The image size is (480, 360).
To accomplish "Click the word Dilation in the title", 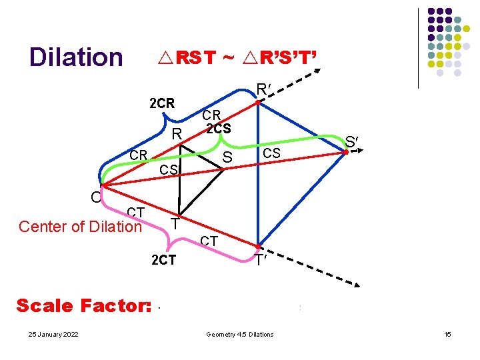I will (76, 57).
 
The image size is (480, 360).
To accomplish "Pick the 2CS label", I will (219, 128).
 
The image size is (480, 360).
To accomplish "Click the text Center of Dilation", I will (80, 227).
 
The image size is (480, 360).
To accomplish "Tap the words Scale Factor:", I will (84, 306).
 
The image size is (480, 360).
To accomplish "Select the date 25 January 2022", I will (47, 334).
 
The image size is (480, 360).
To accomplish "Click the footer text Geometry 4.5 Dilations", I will (240, 334).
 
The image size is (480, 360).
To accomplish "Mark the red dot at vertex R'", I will (259, 101).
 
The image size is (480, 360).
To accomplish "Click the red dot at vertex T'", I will (259, 247).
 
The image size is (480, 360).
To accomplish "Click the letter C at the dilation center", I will (96, 197).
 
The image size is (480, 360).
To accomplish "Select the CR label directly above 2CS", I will (217, 116).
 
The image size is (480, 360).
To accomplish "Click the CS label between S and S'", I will (272, 154).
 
